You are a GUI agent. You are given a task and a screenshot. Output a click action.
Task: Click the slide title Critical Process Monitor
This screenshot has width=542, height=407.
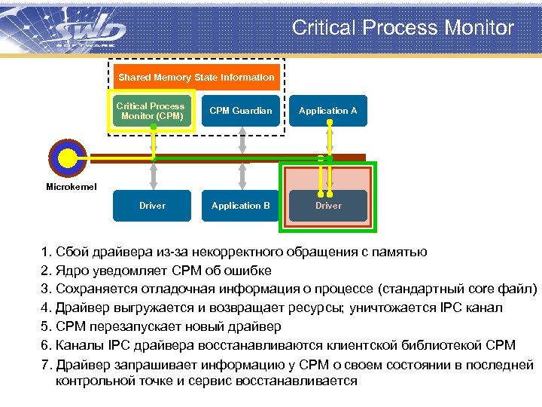(403, 28)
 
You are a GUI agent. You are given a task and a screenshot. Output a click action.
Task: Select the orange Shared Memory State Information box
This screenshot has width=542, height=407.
(196, 78)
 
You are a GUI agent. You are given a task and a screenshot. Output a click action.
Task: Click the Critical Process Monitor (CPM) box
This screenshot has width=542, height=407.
(151, 111)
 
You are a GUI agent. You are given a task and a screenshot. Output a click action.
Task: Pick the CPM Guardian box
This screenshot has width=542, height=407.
(241, 111)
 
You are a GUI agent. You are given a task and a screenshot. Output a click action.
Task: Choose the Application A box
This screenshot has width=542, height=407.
(328, 111)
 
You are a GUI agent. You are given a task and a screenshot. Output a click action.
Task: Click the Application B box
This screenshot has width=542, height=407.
(241, 206)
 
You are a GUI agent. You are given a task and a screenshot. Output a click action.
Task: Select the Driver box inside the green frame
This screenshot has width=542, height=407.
(328, 206)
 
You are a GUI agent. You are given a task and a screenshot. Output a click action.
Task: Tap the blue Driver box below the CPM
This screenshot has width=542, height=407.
(152, 206)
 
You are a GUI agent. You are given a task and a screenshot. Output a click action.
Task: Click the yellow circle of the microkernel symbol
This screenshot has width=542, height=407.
(68, 158)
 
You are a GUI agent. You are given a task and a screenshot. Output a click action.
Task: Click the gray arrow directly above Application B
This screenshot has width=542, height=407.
(241, 176)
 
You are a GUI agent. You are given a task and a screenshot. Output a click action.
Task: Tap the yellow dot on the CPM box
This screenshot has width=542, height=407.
(153, 127)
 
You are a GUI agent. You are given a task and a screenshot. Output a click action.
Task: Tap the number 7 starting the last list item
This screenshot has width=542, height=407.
(45, 364)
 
